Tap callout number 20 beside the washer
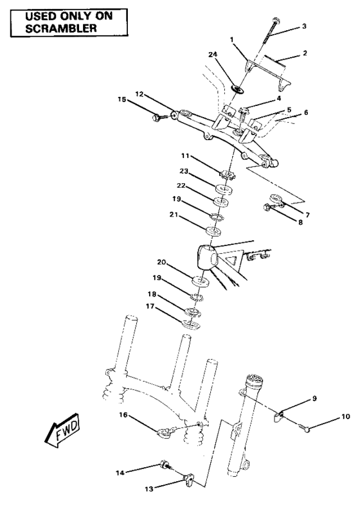point(163,262)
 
